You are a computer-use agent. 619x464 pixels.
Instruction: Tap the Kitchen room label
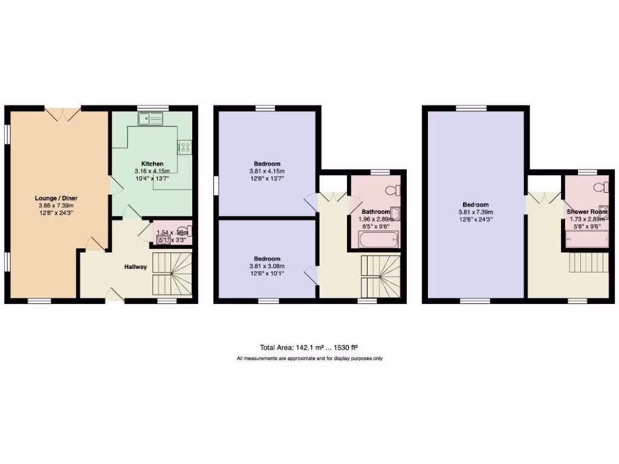tap(152, 164)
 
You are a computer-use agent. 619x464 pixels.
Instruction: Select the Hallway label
tap(135, 266)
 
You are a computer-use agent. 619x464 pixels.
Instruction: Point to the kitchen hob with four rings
tap(184, 147)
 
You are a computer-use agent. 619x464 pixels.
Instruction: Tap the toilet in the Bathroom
tap(394, 190)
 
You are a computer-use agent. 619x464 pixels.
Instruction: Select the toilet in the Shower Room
tap(600, 186)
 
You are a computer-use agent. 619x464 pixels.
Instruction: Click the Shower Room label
tap(586, 211)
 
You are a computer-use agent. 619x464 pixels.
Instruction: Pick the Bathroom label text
tap(375, 212)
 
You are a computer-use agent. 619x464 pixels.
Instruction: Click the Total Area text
tap(309, 347)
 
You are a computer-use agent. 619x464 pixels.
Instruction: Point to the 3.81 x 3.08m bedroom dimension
tap(266, 266)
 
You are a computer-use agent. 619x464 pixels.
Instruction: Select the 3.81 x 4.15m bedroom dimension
tap(266, 171)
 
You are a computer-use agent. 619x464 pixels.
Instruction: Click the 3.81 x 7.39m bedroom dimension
tap(476, 212)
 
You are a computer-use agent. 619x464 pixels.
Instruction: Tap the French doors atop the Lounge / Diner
tap(61, 112)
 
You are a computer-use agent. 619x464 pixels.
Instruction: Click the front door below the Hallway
tap(115, 295)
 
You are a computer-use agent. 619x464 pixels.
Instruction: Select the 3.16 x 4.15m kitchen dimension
tap(152, 171)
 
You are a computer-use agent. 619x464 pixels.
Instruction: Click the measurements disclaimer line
tap(309, 358)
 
